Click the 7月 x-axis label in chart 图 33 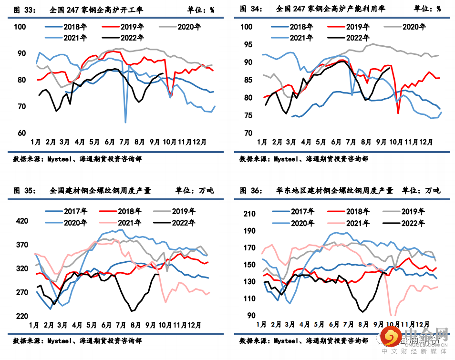tap(125, 142)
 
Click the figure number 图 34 tap(250, 9)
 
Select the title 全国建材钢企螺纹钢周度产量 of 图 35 tap(100, 191)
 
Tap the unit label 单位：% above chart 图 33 tap(198, 9)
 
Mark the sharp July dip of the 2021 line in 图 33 tap(125, 122)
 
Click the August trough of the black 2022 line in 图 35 tap(132, 311)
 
